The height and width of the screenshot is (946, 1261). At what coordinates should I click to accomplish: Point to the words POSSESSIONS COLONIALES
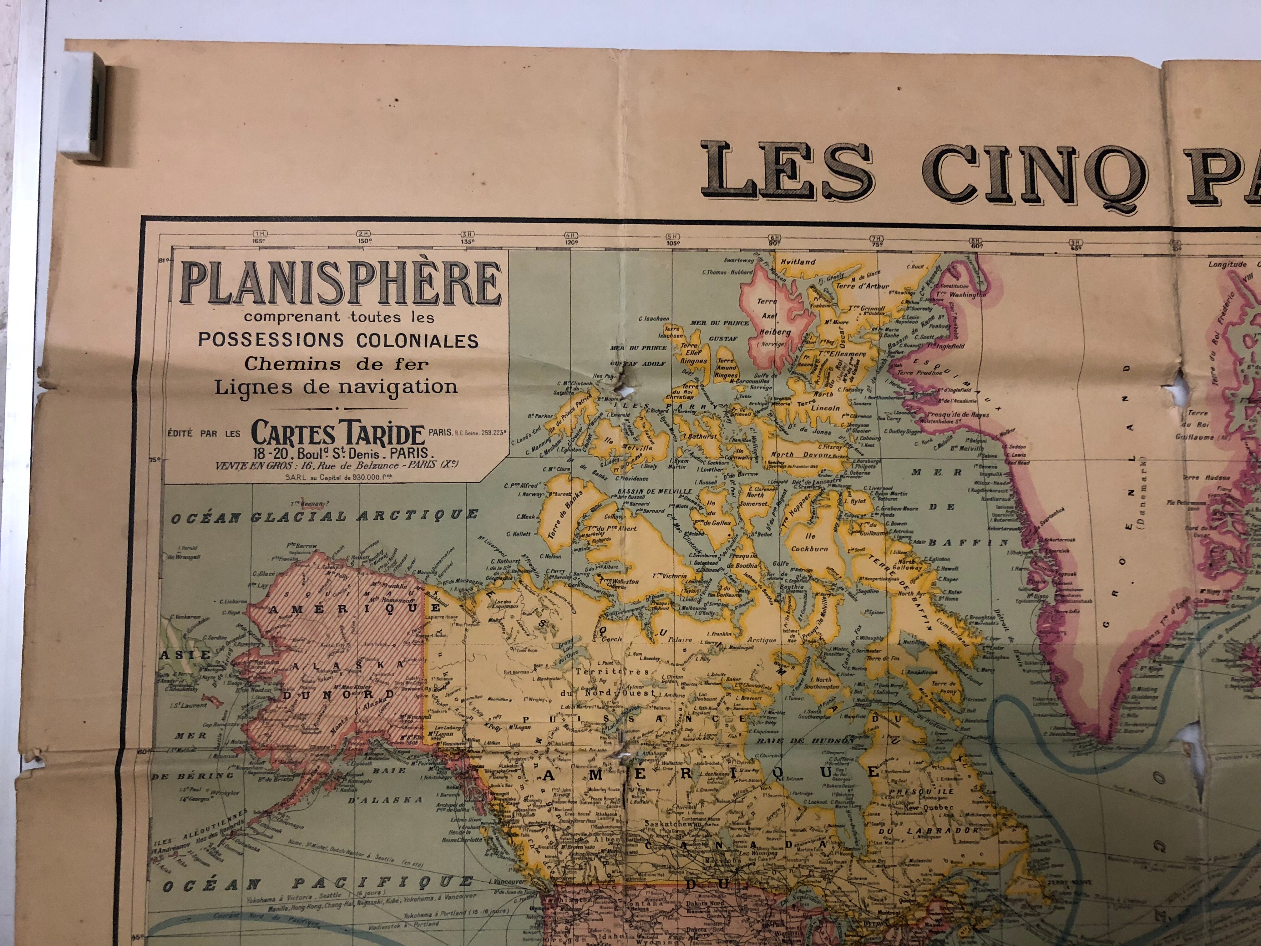pos(338,340)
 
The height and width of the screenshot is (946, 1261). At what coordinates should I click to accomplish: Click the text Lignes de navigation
pos(336,387)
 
